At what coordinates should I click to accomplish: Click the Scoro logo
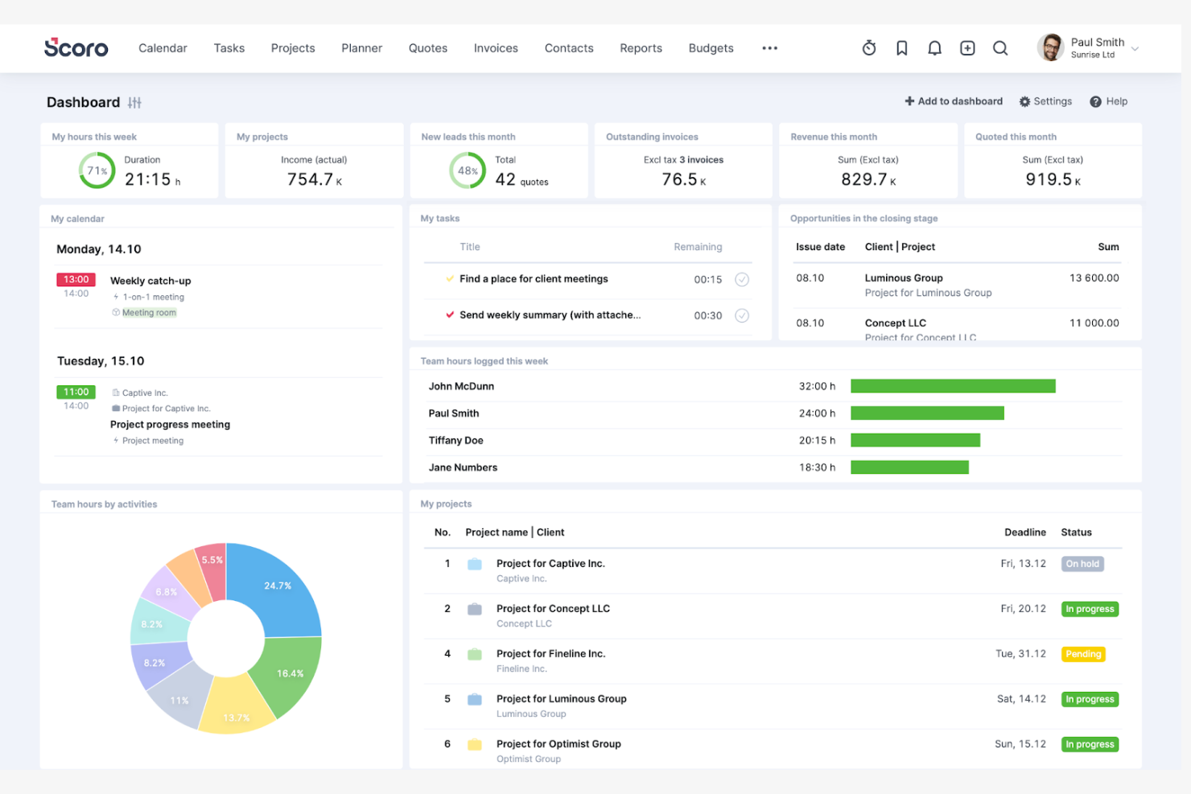click(76, 48)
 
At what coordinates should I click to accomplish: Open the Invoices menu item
click(496, 48)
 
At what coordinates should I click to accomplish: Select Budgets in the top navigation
click(711, 48)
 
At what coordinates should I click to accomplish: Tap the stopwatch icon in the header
click(869, 48)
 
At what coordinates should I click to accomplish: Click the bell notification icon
click(934, 48)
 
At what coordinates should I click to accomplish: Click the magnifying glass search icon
click(1000, 48)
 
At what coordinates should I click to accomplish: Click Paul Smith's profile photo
click(1050, 48)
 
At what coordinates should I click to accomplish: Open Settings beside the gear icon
click(1052, 101)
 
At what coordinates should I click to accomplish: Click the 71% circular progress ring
click(97, 171)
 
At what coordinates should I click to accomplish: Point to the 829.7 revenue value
click(863, 179)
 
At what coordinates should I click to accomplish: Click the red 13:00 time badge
click(76, 279)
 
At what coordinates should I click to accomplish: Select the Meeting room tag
click(149, 313)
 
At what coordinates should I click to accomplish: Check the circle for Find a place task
click(742, 279)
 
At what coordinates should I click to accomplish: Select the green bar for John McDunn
click(953, 386)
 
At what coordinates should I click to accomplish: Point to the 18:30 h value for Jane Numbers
click(817, 467)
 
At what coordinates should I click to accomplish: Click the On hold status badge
click(1082, 564)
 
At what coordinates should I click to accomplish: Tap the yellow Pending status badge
click(1083, 654)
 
